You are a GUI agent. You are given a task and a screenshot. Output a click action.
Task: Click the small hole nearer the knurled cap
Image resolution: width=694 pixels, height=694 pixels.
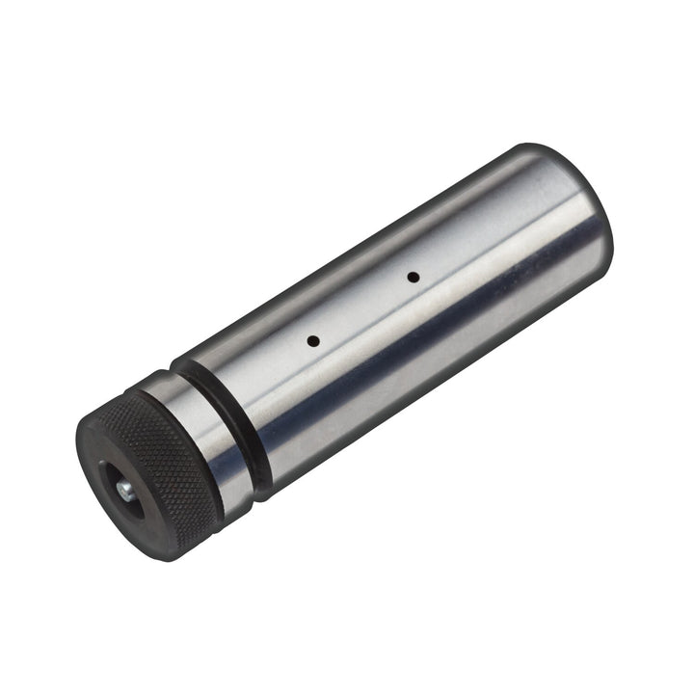coord(312,340)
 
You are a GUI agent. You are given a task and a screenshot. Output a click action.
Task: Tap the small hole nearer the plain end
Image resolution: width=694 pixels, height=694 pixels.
coord(413,278)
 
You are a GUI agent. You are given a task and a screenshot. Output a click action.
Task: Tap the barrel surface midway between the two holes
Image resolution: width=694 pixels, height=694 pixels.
coord(362,309)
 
